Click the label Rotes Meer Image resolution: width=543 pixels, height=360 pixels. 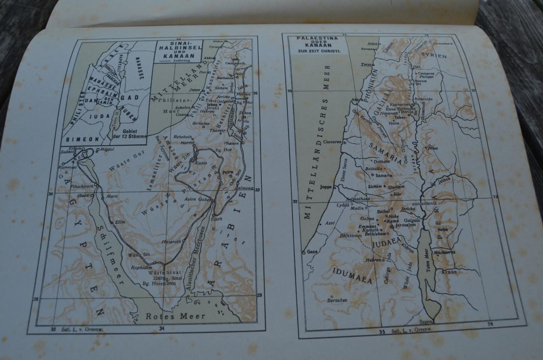click(176, 316)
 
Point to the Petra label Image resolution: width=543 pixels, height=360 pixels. click(228, 173)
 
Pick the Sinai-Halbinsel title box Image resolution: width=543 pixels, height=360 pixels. click(179, 52)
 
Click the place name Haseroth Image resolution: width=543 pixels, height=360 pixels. click(171, 242)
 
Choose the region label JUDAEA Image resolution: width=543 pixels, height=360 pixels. click(386, 244)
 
